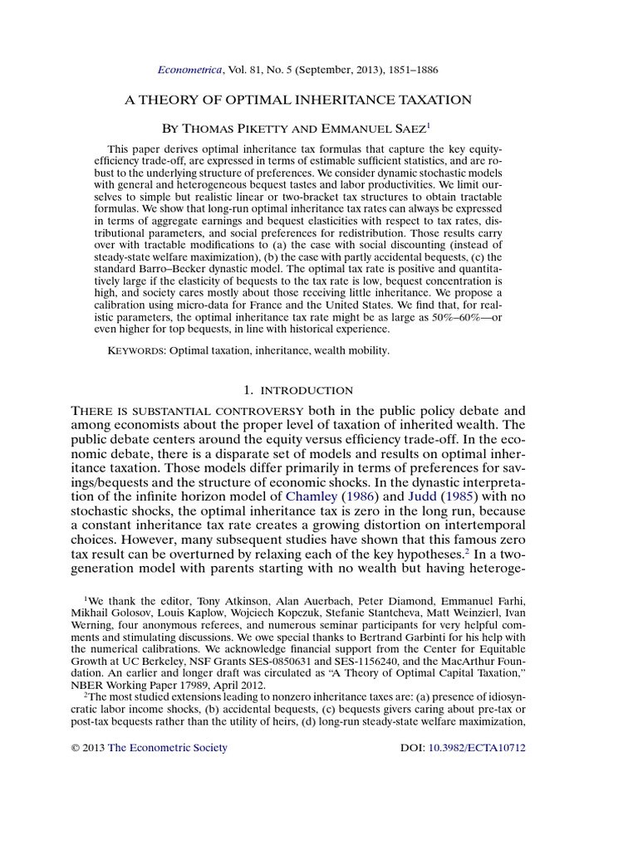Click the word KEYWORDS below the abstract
[x=137, y=351]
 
